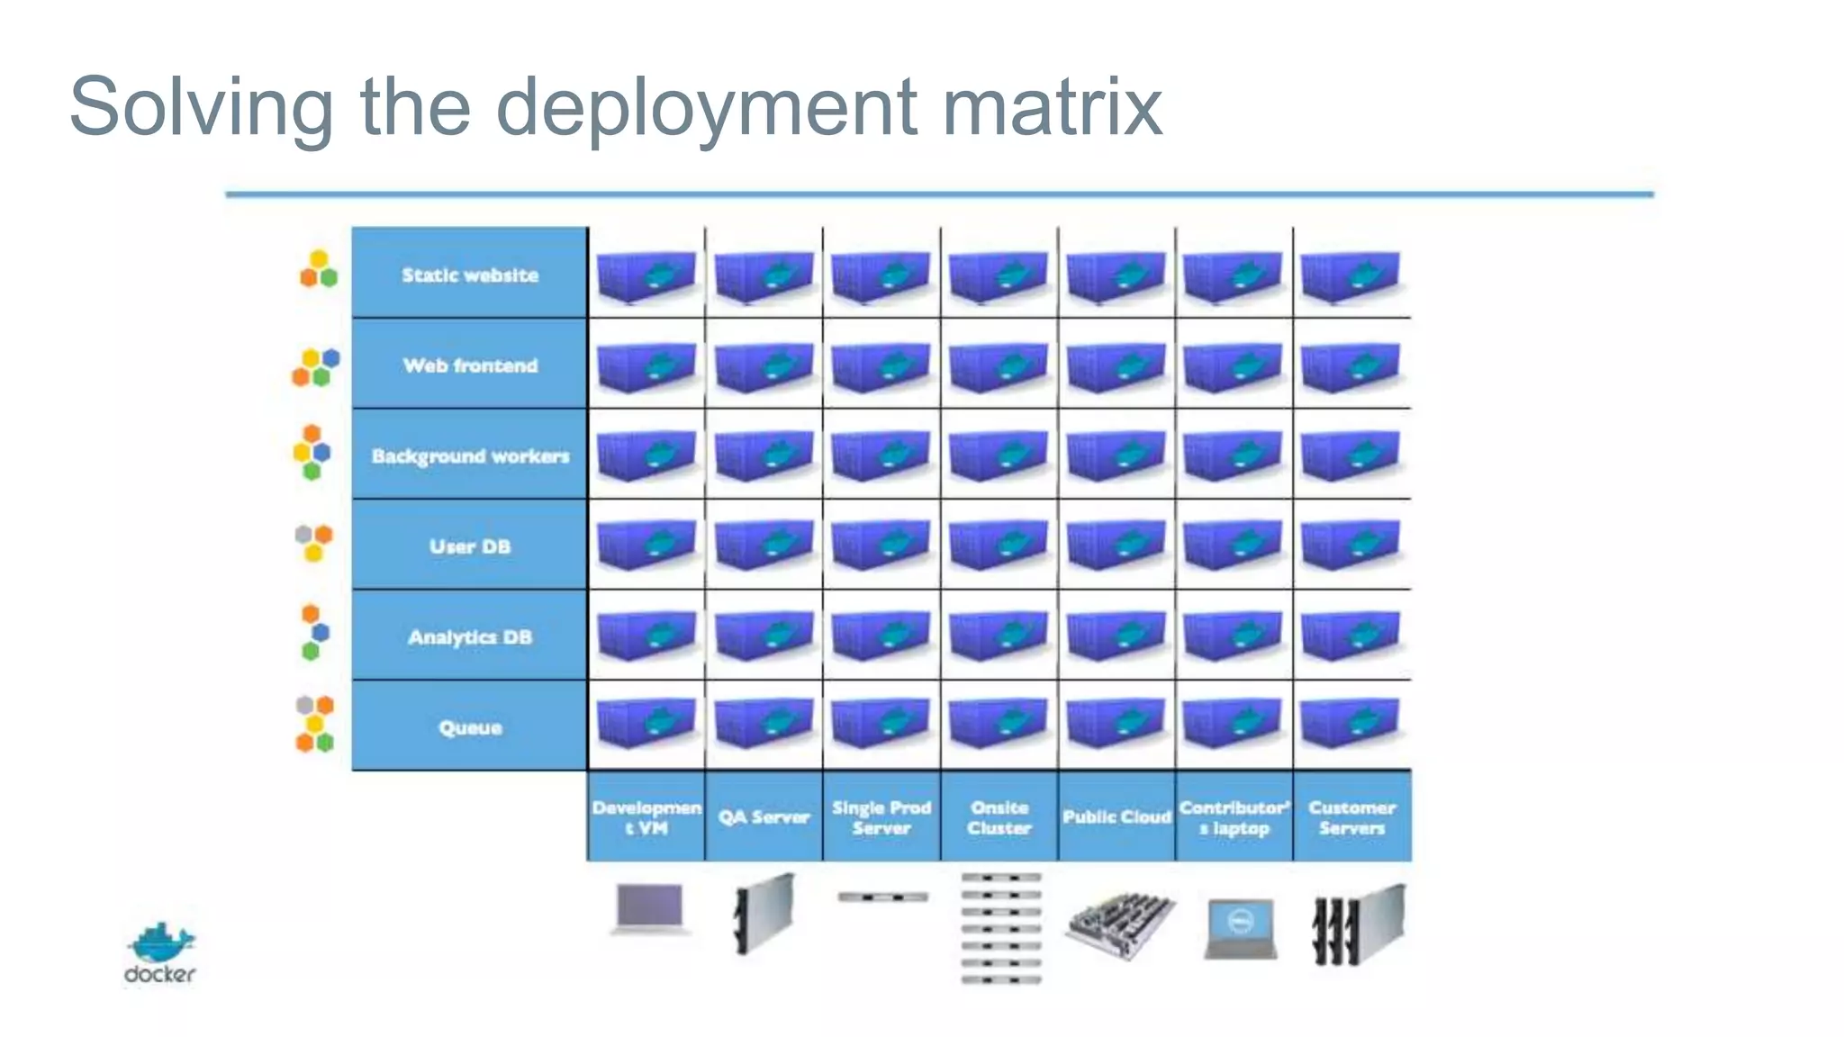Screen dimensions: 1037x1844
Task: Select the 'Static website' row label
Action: pos(470,275)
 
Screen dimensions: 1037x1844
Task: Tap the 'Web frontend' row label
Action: pos(470,365)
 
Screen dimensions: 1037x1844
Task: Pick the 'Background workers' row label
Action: pos(470,456)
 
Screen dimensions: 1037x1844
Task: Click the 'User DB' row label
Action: pos(470,546)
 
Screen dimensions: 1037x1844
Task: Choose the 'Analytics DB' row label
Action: pos(470,637)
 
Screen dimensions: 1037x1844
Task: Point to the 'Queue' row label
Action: pos(470,727)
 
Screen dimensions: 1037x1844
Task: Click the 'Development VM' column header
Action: pos(646,817)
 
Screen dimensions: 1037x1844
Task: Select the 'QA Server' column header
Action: pos(764,817)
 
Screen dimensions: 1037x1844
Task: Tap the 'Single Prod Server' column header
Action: pos(881,817)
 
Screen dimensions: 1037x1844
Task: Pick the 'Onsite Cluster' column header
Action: pos(999,817)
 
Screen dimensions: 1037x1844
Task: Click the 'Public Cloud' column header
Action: pos(1116,817)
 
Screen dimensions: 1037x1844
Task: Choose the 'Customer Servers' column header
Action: pos(1352,817)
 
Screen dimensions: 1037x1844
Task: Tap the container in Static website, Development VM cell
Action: pos(646,275)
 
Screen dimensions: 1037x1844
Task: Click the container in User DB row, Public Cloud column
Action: pos(1116,544)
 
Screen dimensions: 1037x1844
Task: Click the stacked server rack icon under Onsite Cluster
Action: pos(1000,927)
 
